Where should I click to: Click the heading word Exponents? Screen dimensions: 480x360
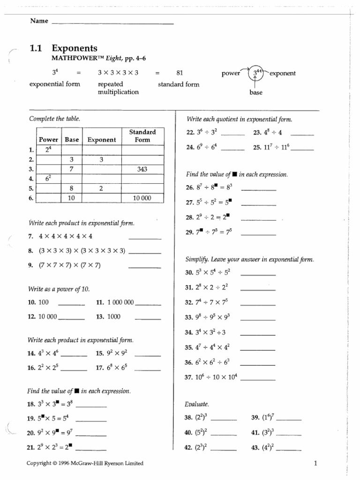[x=75, y=48]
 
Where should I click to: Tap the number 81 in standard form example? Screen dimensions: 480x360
[x=179, y=73]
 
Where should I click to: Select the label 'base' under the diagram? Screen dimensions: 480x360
[x=256, y=93]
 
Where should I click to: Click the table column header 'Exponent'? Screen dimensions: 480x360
[x=101, y=140]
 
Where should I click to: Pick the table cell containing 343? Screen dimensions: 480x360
[x=142, y=169]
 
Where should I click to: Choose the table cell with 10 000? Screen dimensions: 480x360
[x=142, y=198]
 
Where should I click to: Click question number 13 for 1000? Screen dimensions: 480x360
[x=100, y=316]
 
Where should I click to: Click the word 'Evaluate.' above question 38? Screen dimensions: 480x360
[x=197, y=404]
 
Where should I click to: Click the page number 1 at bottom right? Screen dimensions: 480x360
[x=316, y=464]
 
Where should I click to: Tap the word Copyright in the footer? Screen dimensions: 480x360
[x=41, y=464]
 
